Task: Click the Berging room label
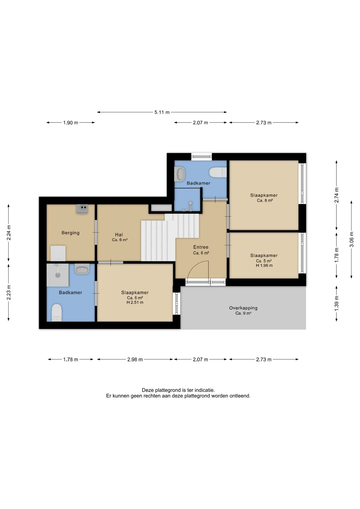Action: coord(71,233)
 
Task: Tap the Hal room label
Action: coord(119,235)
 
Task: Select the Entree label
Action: coord(201,247)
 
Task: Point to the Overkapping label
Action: coord(243,308)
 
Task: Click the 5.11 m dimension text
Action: coord(162,112)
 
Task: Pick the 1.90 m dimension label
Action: coord(71,123)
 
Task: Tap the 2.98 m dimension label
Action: coord(135,359)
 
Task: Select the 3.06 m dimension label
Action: coord(352,239)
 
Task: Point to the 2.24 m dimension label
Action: coord(9,233)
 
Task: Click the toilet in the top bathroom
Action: coord(218,172)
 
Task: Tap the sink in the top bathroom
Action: coord(179,174)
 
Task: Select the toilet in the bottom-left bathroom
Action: coord(57,313)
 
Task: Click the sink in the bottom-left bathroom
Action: coord(82,269)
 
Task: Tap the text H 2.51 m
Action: coord(135,302)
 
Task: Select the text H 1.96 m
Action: coord(264,266)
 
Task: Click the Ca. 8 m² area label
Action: coord(265,201)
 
